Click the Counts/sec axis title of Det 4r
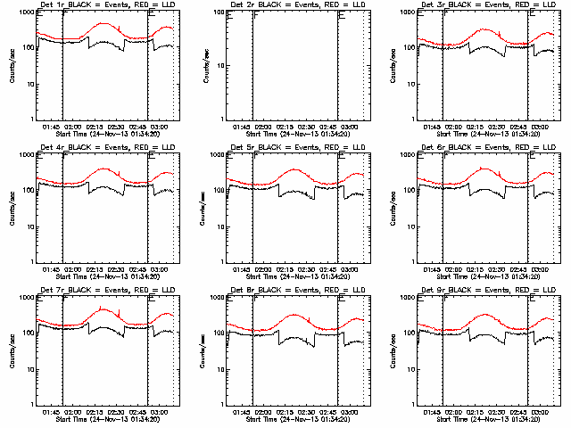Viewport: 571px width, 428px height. (x=12, y=208)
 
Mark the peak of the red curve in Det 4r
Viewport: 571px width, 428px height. (x=104, y=169)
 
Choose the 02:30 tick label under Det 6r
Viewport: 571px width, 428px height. (x=500, y=270)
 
